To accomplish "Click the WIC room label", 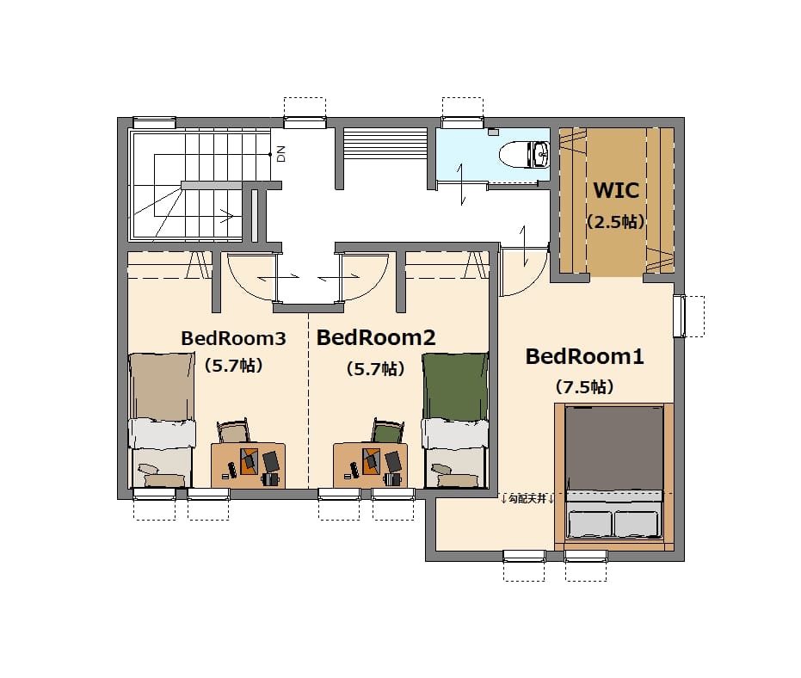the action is coord(615,190).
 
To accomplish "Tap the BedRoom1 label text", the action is coord(584,356).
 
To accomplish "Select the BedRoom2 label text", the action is coord(376,337).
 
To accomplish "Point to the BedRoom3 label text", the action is coord(233,338).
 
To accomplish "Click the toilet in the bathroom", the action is coord(524,154).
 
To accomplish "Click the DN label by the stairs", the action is coord(281,154).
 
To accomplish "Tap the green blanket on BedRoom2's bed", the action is coord(454,386).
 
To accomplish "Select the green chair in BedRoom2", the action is coord(388,430).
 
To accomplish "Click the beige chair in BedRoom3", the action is coord(233,430).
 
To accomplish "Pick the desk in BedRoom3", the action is coord(249,465).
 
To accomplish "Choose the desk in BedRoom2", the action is coord(370,465).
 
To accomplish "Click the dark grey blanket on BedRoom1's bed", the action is coord(614,448).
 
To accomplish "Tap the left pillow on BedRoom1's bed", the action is coord(590,524).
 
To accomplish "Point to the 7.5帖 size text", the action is coord(584,386).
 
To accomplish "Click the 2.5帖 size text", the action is coord(615,222).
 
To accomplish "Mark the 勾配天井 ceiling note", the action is coord(527,499).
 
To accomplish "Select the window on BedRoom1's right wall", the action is coord(679,316).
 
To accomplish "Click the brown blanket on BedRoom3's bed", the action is coord(162,386).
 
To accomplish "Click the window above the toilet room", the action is coord(462,122).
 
